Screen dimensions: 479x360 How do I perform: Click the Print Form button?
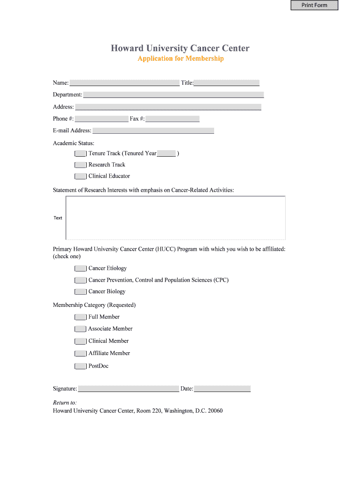(314, 6)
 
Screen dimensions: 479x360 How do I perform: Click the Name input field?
(124, 83)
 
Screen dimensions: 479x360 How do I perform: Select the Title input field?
(227, 83)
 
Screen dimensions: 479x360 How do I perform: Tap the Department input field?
(173, 94)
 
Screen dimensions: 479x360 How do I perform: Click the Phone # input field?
(101, 119)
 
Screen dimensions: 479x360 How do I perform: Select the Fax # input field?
(173, 119)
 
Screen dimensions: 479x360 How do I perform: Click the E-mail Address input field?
(153, 131)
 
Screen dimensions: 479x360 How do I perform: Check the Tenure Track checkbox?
(80, 153)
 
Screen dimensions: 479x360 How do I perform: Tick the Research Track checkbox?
(80, 165)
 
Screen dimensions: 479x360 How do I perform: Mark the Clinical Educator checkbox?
(80, 176)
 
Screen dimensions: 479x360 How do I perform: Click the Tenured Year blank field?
(166, 153)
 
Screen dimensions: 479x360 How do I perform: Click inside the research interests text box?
(175, 218)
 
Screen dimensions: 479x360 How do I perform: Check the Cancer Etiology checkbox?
(80, 269)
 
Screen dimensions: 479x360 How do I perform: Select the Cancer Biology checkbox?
(80, 291)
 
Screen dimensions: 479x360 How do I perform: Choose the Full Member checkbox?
(80, 317)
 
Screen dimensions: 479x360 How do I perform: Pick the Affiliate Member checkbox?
(80, 354)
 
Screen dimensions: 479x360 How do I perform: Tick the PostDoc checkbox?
(80, 366)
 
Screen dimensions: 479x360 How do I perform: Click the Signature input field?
(129, 389)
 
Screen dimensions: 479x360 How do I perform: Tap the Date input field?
(222, 389)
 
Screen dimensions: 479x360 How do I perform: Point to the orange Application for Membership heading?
(180, 58)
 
